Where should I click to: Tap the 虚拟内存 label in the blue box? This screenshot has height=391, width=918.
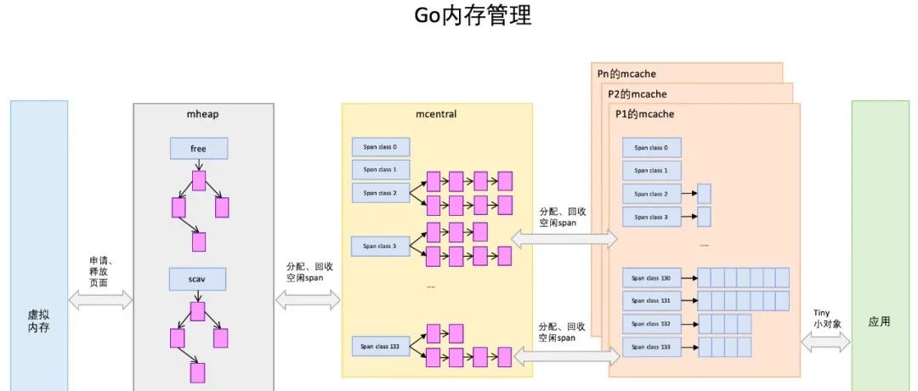38,320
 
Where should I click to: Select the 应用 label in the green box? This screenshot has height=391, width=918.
879,322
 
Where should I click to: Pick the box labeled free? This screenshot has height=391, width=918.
198,149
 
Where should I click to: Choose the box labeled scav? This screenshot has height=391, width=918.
198,279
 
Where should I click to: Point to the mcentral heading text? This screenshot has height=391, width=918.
437,113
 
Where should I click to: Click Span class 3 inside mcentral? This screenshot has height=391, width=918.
381,246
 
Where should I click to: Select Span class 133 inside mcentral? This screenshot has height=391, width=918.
381,347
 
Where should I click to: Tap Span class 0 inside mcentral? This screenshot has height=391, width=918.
381,146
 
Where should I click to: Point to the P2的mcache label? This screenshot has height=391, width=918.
637,93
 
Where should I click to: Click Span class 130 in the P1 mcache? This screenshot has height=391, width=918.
651,278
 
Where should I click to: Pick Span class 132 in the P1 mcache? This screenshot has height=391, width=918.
651,324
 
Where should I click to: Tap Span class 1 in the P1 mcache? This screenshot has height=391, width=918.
651,170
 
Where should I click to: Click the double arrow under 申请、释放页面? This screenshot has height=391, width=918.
101,299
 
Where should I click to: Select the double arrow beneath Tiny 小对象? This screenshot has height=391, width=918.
825,342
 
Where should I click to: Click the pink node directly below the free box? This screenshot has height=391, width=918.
199,180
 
